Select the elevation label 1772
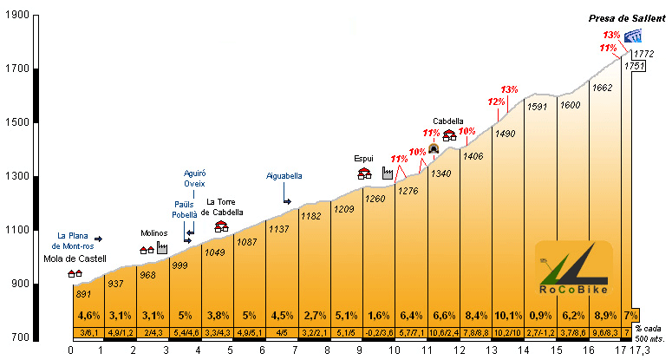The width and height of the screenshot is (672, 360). [643, 55]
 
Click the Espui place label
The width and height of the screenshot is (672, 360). [363, 159]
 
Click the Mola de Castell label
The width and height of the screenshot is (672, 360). [74, 259]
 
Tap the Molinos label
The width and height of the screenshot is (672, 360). [154, 233]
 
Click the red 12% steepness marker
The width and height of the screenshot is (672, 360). [496, 101]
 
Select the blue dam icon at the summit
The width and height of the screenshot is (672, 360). [633, 35]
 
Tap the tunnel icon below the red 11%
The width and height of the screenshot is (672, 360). [433, 148]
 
